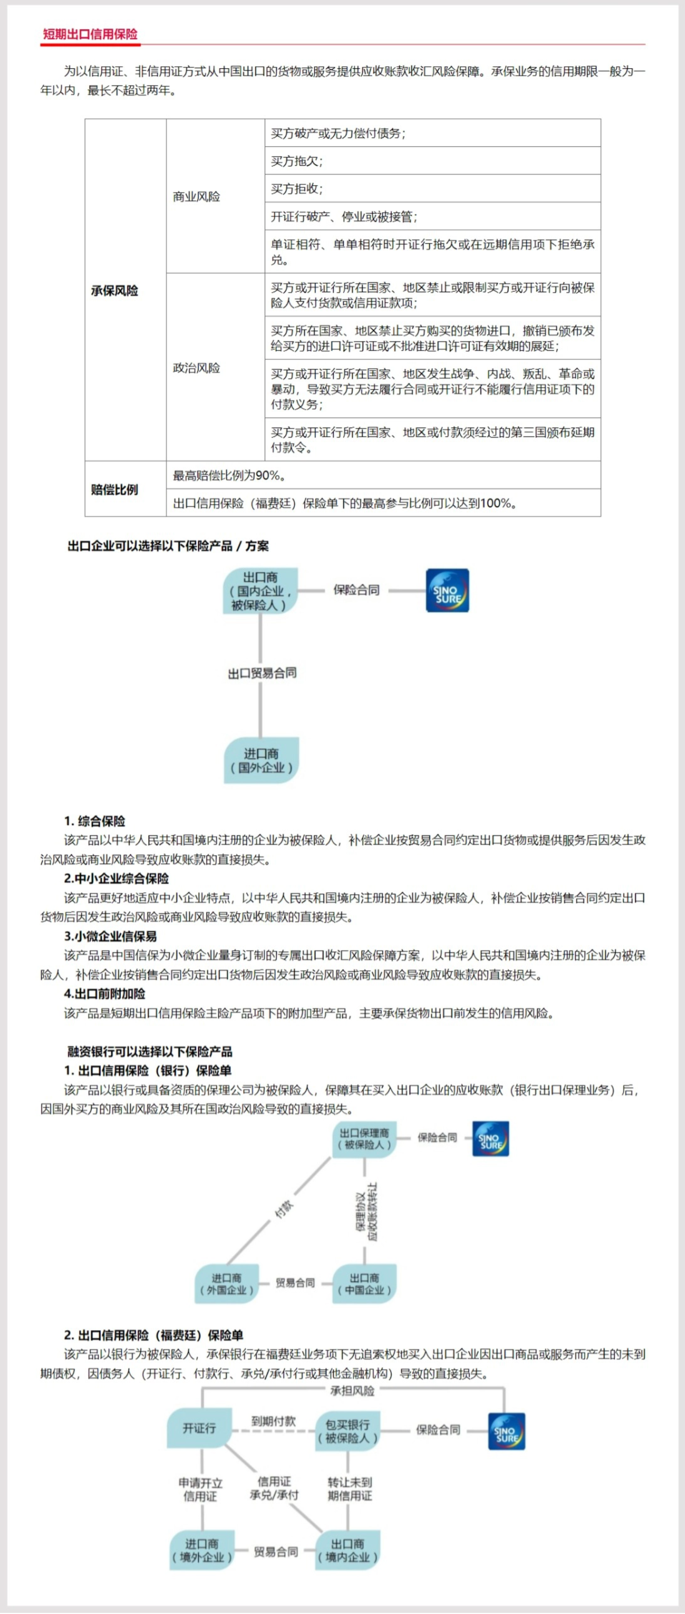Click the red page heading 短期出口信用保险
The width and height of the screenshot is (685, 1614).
90,35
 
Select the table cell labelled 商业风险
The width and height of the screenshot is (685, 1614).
197,197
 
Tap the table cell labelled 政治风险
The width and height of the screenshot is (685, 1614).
197,368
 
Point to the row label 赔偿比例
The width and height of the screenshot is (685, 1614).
115,489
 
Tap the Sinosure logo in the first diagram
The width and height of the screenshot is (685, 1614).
447,590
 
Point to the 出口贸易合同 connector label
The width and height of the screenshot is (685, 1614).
262,673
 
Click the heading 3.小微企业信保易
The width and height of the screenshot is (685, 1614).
110,936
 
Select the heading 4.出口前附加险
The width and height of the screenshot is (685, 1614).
104,994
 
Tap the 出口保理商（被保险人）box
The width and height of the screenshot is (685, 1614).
364,1139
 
